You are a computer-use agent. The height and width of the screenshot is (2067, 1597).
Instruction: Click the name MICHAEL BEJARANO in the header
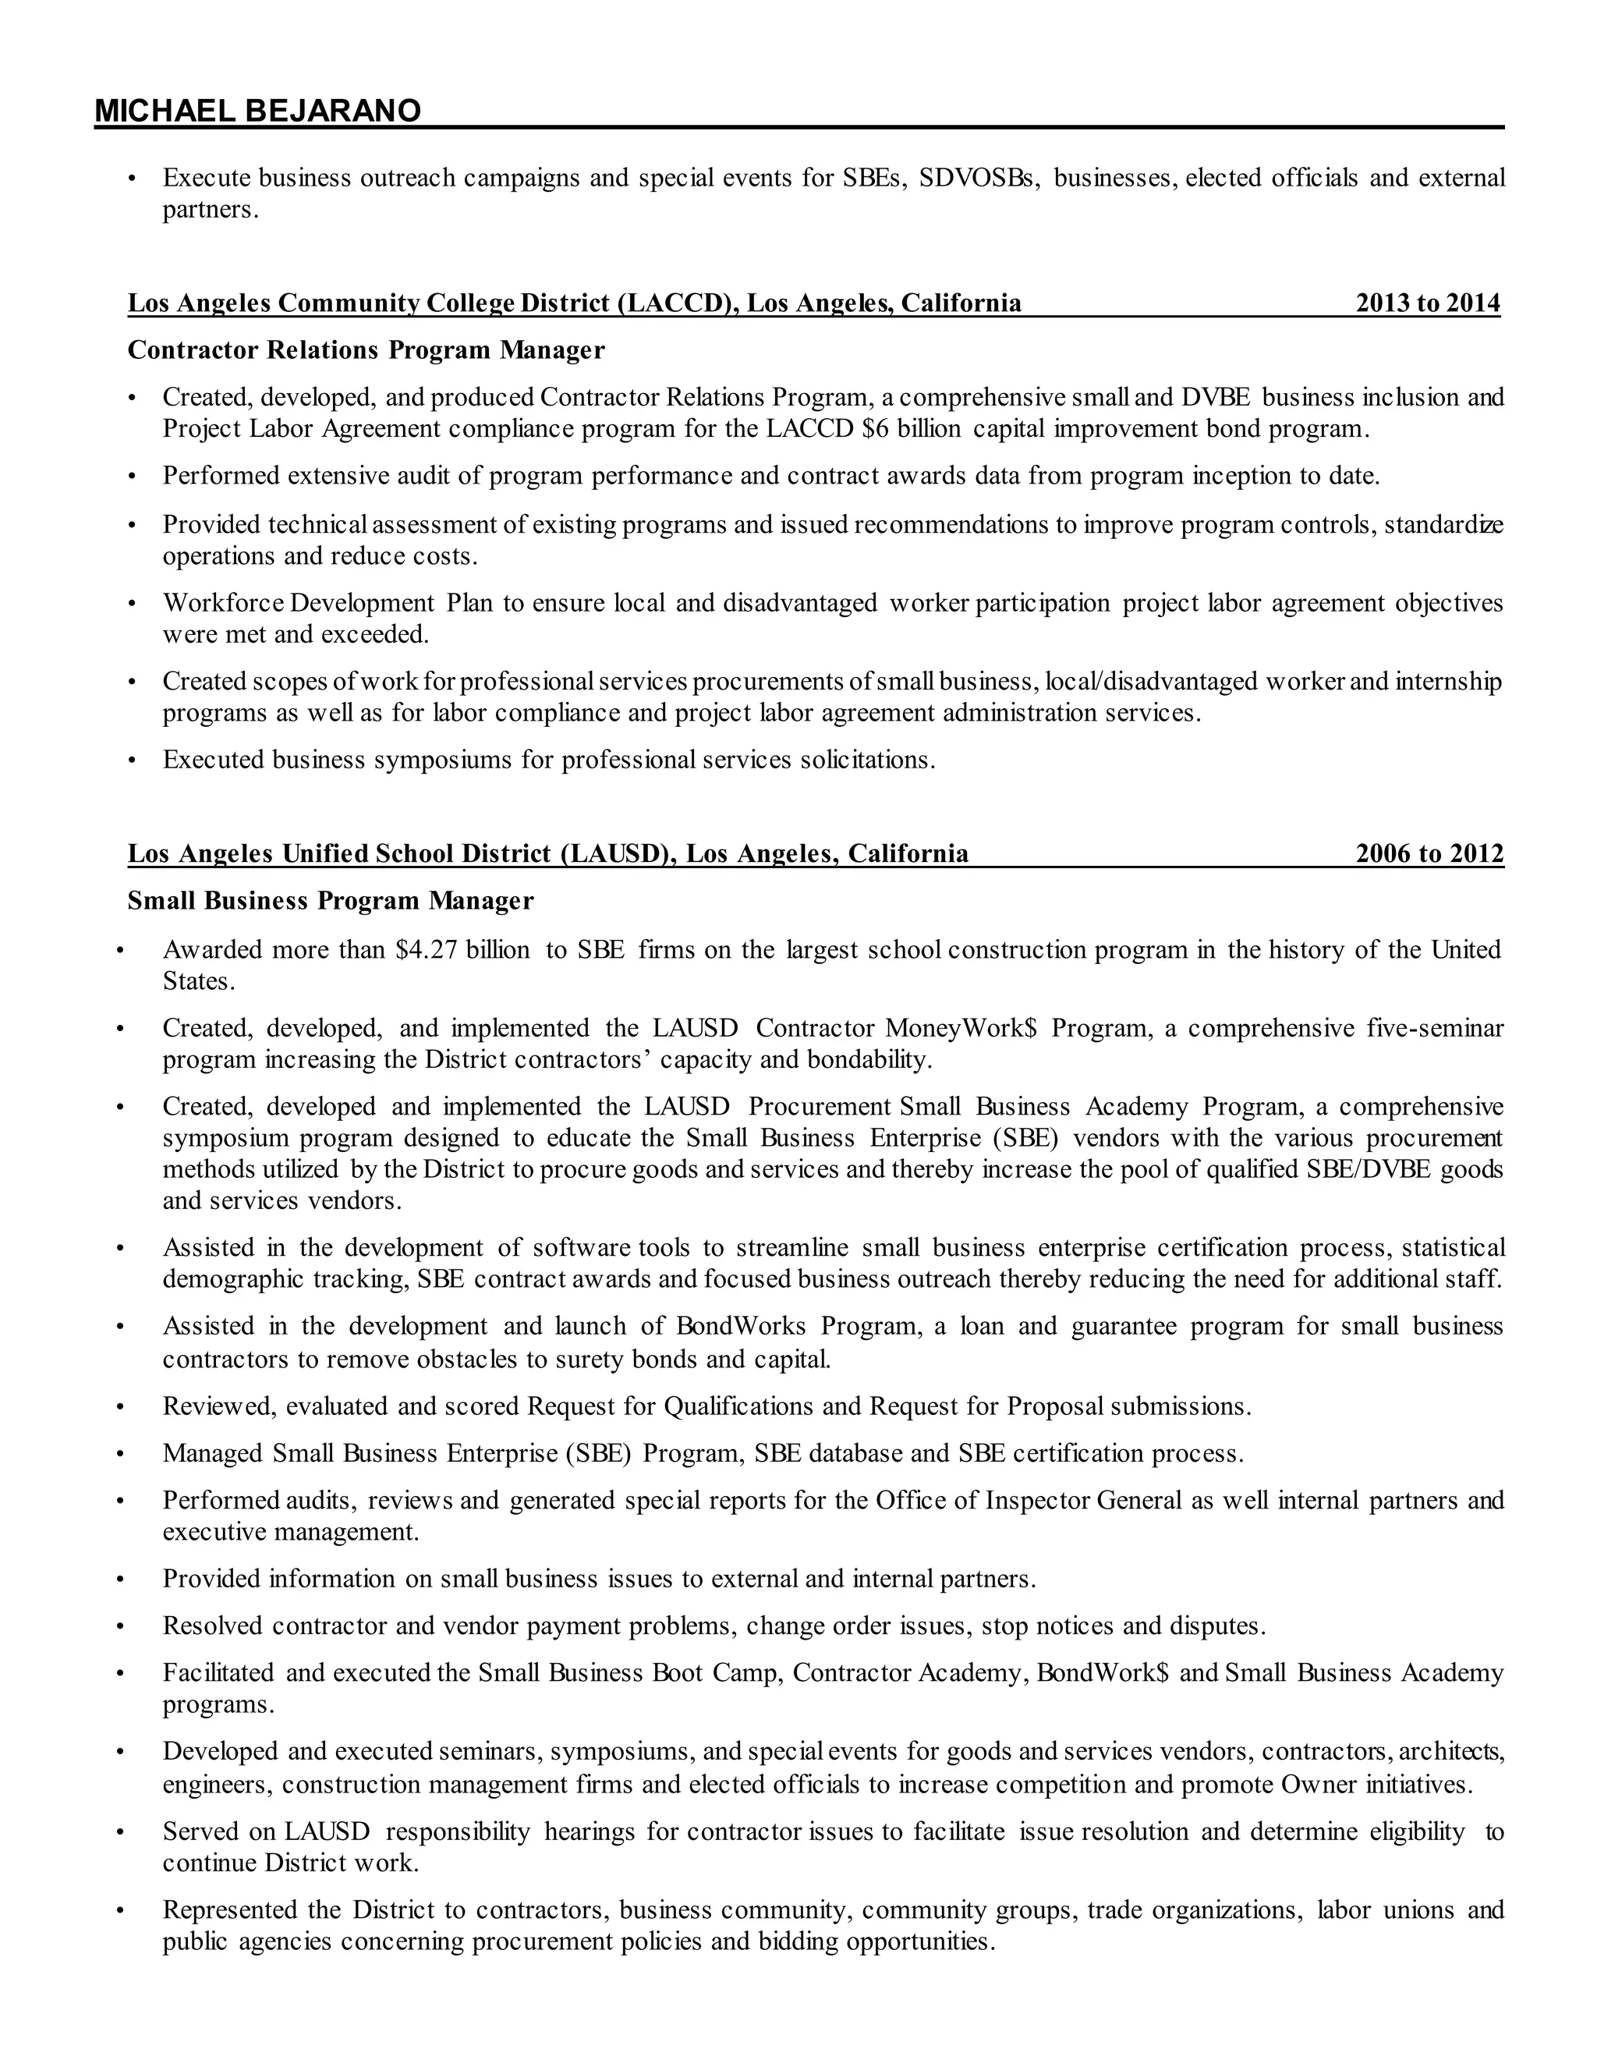[x=257, y=112]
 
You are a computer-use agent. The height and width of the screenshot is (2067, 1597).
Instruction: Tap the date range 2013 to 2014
[x=1427, y=303]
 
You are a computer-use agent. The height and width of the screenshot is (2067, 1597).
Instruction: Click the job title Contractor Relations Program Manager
[x=366, y=350]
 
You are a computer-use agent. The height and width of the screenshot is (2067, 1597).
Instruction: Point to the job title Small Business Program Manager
[x=330, y=901]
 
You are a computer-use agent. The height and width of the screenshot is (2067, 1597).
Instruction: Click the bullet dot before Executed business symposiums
[x=133, y=761]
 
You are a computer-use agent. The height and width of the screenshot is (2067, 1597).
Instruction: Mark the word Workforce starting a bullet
[x=222, y=603]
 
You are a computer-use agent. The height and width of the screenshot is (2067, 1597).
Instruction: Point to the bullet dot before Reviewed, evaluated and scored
[x=120, y=1407]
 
